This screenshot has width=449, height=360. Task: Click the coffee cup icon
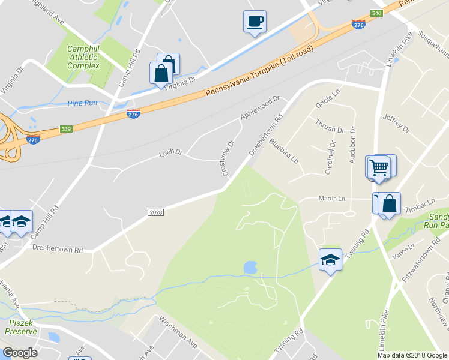(x=255, y=22)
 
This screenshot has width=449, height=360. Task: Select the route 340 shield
(x=376, y=13)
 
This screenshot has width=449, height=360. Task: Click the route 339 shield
(x=66, y=129)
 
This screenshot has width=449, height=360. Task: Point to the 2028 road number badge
(x=155, y=212)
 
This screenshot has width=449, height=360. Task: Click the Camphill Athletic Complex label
(x=83, y=57)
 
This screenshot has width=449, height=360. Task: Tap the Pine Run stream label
(x=82, y=103)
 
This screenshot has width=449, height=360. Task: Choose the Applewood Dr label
(x=260, y=107)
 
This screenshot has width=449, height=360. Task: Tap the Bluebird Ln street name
(x=283, y=151)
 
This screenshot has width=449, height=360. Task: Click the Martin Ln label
(x=331, y=199)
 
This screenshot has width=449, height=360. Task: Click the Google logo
(x=20, y=353)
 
